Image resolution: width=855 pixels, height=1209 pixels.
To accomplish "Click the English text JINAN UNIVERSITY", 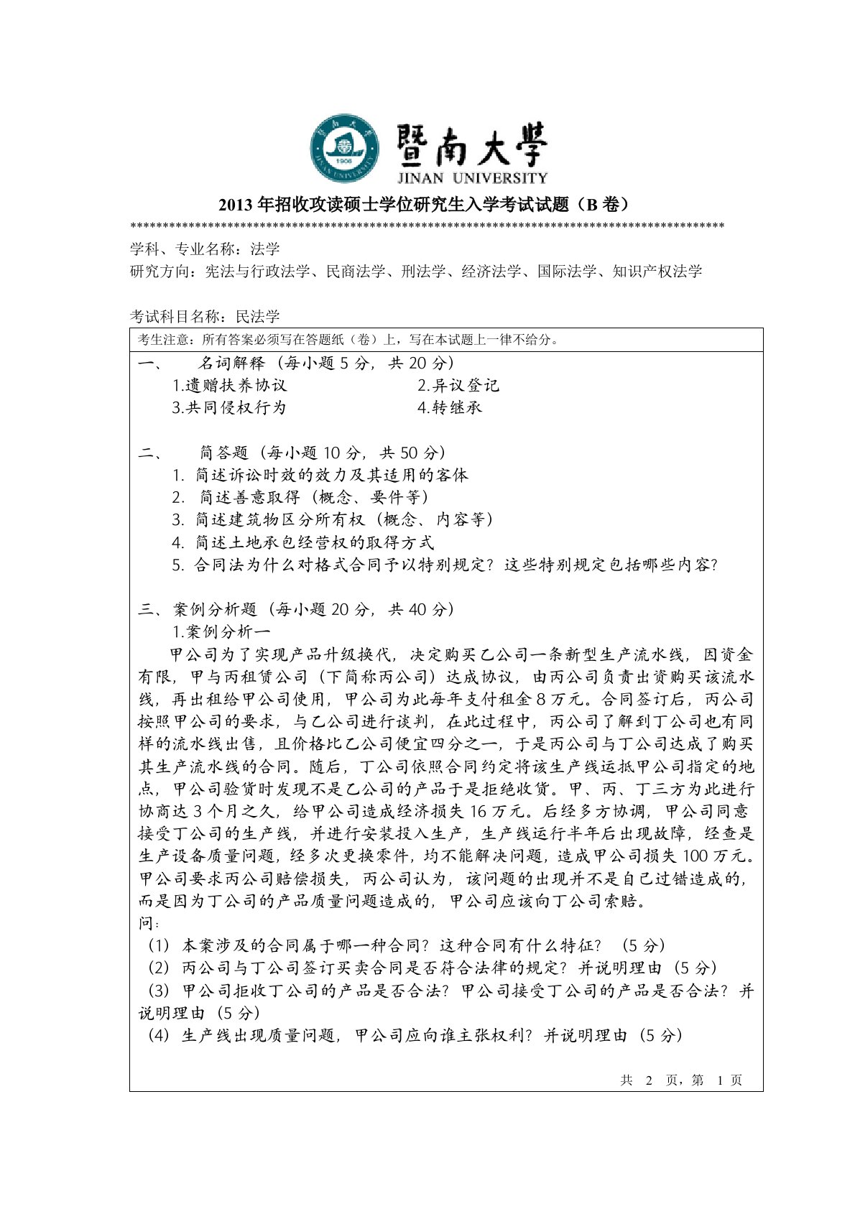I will tap(471, 177).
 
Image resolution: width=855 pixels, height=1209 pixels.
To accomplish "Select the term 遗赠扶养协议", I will tap(230, 386).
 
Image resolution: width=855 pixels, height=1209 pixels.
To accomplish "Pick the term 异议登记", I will tap(458, 386).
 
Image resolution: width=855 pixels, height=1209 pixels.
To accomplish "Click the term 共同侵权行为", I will tap(229, 408).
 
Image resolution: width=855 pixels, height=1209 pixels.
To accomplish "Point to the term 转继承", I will tap(450, 408).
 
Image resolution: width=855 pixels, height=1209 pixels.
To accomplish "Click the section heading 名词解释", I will tap(231, 363).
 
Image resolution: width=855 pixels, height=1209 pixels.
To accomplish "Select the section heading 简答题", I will tap(223, 453).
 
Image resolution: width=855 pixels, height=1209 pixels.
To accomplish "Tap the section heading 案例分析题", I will tap(215, 610).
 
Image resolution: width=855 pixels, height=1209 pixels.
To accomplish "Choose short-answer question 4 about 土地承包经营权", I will tap(303, 542).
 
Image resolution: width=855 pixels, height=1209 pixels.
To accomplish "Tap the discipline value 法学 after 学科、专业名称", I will tap(264, 249).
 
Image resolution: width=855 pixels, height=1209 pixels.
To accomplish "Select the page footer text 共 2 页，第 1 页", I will tap(680, 1080).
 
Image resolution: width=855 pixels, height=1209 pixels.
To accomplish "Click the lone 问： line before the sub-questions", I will tap(149, 923).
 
